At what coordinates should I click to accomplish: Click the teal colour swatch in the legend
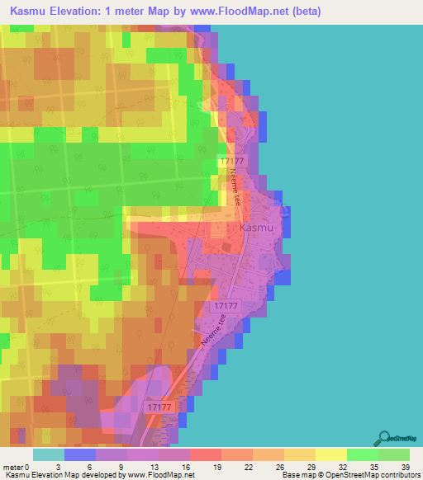pos(48,454)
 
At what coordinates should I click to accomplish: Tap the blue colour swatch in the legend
pos(79,454)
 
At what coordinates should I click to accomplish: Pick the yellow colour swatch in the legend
pos(330,454)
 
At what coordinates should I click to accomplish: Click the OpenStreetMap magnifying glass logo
pos(384,440)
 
